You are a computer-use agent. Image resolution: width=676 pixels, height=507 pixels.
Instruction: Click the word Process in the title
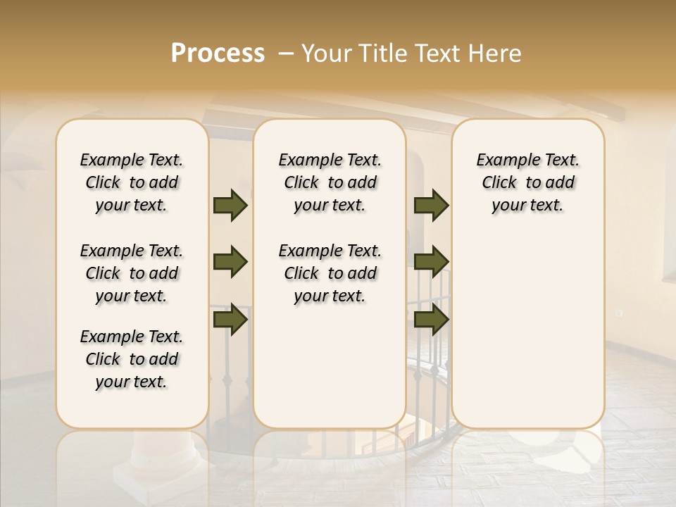click(218, 54)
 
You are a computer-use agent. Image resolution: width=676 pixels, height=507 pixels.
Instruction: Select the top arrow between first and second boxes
click(230, 205)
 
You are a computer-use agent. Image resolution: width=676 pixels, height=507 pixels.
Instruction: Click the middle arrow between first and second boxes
click(230, 262)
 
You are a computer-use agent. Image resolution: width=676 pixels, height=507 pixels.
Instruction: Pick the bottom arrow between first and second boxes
click(230, 320)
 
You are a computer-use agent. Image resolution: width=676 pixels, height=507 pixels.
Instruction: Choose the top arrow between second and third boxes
click(431, 205)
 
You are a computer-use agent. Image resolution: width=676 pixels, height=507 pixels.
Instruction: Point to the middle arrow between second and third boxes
click(431, 262)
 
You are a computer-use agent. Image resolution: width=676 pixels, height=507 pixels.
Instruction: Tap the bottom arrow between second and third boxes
click(431, 320)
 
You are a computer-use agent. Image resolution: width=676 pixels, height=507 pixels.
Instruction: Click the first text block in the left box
click(132, 182)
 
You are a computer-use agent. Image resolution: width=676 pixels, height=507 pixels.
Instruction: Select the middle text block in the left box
click(132, 273)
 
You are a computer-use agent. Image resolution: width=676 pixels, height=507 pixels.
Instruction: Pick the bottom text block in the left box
click(132, 359)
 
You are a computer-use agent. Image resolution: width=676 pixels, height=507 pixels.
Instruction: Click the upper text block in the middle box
click(330, 182)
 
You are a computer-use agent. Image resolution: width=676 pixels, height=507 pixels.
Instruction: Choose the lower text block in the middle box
click(330, 273)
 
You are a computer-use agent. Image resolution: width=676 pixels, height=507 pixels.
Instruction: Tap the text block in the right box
click(527, 182)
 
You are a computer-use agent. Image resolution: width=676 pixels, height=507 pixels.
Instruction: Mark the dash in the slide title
click(286, 54)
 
